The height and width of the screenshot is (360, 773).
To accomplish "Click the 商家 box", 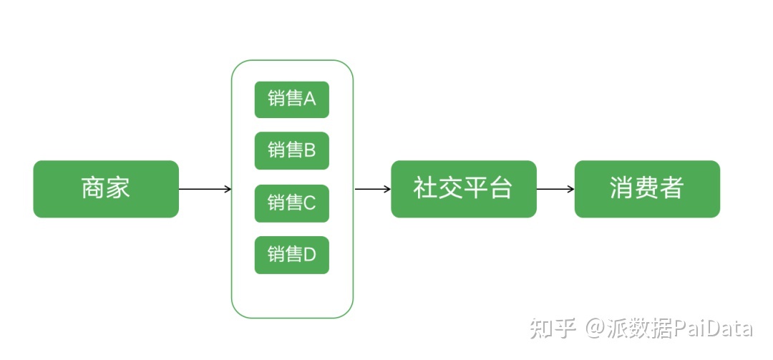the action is [x=106, y=189].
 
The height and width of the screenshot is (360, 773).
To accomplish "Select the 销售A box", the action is [x=292, y=99].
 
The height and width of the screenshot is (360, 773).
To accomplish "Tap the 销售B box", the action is [x=292, y=150].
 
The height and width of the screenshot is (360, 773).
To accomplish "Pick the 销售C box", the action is [x=292, y=203].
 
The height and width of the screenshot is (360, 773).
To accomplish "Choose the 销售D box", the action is [x=292, y=255].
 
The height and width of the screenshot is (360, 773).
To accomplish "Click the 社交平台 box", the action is [x=464, y=189].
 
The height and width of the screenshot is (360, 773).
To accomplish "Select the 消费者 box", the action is [x=647, y=189].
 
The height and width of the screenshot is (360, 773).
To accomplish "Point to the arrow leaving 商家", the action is [x=205, y=189].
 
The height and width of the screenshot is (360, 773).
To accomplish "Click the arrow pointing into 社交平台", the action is [x=373, y=189].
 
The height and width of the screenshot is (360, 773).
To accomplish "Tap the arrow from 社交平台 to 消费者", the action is [x=555, y=189].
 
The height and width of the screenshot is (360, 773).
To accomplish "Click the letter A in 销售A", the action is [x=310, y=99].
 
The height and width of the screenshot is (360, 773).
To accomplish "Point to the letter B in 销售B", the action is [x=310, y=150].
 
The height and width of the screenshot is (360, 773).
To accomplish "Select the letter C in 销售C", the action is [x=310, y=203].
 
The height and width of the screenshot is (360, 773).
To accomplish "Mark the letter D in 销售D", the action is [x=310, y=255].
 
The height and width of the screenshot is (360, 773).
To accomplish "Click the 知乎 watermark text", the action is [x=553, y=329].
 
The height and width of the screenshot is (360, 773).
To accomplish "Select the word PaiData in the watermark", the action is [x=712, y=329].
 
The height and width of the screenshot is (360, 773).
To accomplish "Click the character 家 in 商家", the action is [x=118, y=188].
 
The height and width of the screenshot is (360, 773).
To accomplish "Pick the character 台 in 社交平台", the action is [x=500, y=188].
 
